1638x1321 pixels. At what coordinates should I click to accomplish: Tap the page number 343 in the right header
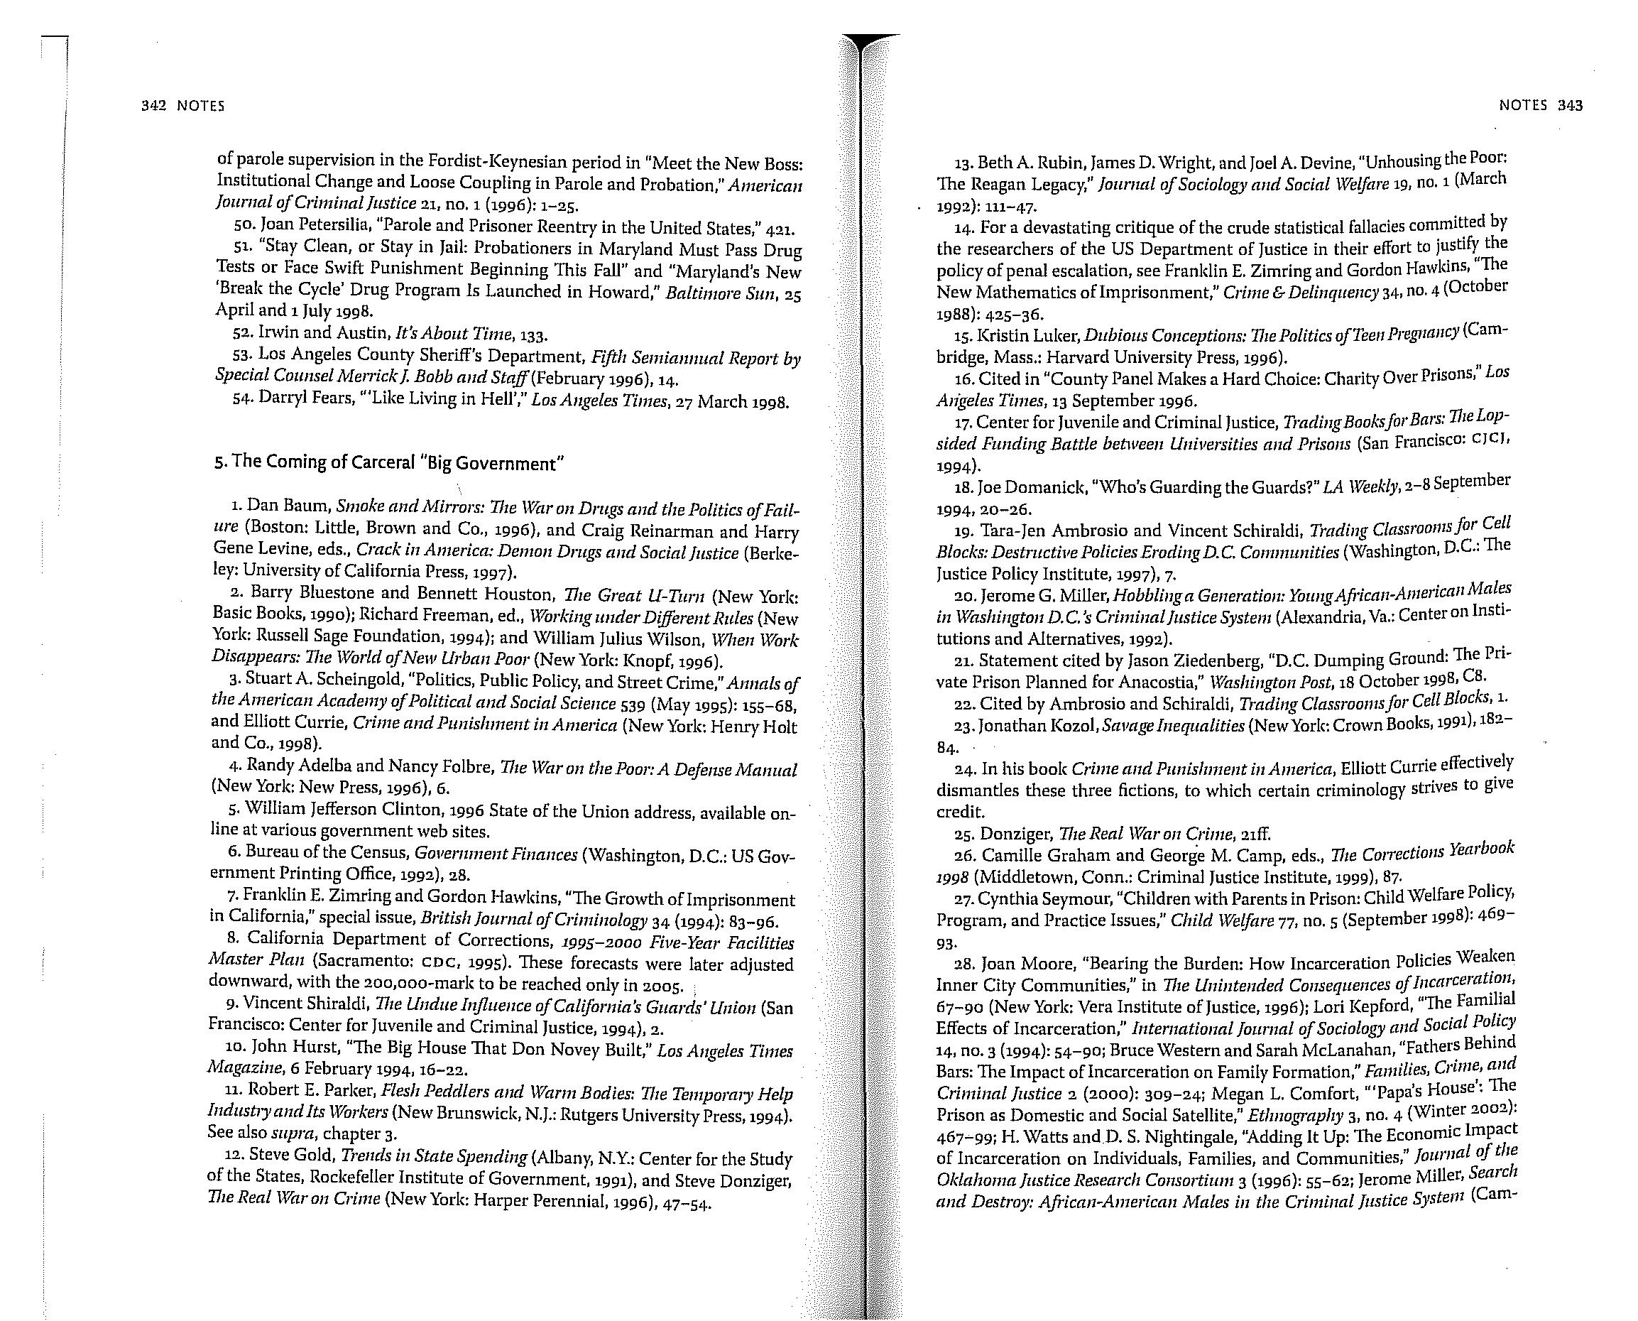click(1571, 106)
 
